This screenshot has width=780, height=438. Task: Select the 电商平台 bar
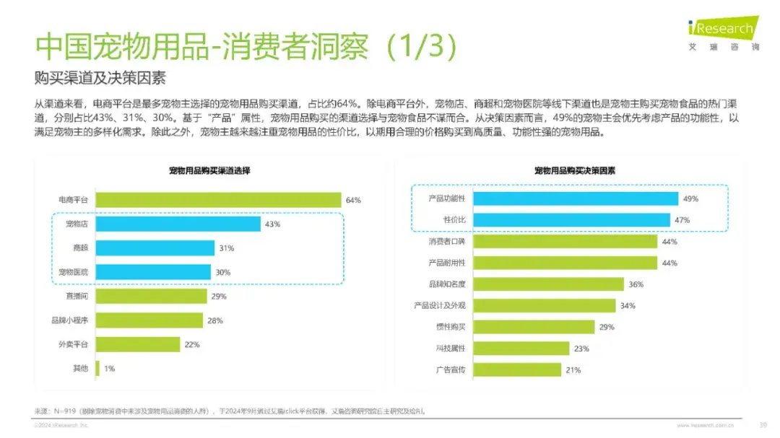[x=218, y=200]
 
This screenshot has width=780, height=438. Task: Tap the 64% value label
[x=353, y=200]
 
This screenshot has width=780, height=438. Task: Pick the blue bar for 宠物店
[x=178, y=224]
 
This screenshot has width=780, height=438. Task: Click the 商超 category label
[x=81, y=248]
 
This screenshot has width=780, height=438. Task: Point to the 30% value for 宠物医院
[x=222, y=272]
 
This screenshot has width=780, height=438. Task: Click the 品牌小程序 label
[x=69, y=320]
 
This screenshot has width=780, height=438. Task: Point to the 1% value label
[x=110, y=368]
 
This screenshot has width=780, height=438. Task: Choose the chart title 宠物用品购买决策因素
[x=574, y=171]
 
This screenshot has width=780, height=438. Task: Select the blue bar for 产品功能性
[x=575, y=198]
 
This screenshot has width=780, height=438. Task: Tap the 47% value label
[x=682, y=219]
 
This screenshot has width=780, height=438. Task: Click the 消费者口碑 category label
[x=447, y=241]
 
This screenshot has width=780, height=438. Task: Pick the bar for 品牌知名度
[x=547, y=284]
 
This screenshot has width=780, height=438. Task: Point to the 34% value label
[x=628, y=306]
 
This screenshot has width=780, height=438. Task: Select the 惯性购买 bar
[x=533, y=327]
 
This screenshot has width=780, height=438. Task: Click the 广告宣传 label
[x=451, y=369]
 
